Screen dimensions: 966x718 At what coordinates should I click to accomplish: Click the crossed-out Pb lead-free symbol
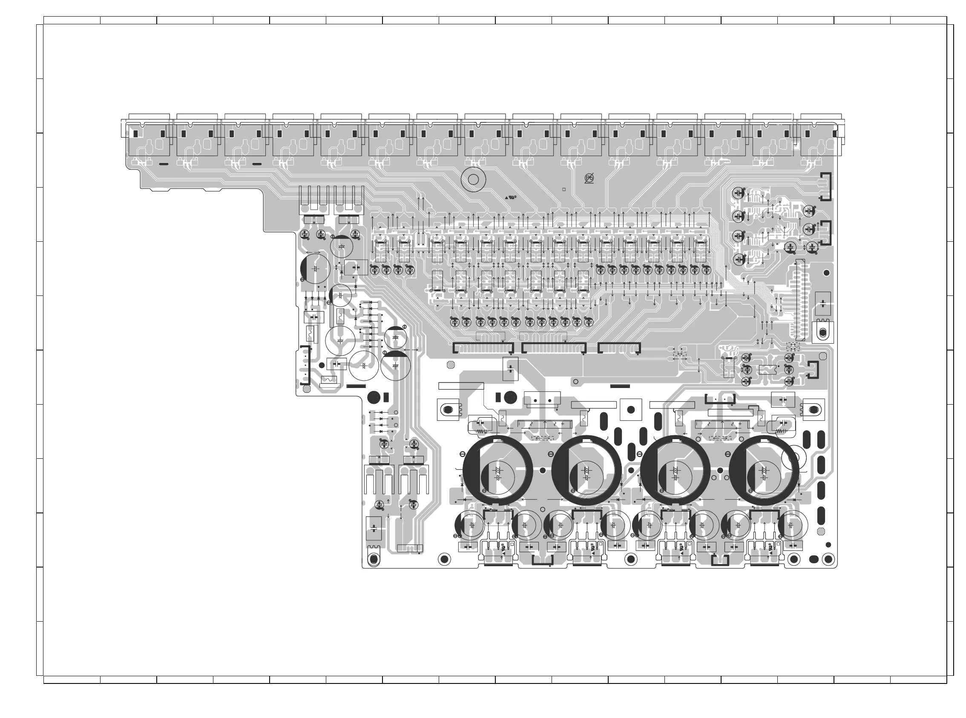pyautogui.click(x=589, y=178)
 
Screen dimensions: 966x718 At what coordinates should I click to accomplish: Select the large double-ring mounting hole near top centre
pyautogui.click(x=473, y=179)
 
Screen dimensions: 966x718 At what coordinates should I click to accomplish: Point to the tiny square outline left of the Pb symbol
pyautogui.click(x=563, y=189)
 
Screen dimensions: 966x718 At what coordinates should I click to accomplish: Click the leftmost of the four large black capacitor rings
pyautogui.click(x=497, y=470)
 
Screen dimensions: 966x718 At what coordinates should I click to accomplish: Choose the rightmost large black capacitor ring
pyautogui.click(x=764, y=470)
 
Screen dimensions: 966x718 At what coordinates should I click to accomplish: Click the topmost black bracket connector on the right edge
pyautogui.click(x=825, y=186)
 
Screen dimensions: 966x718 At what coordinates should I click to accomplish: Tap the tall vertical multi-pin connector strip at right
pyautogui.click(x=800, y=300)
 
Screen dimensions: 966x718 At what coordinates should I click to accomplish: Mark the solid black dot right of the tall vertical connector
pyautogui.click(x=826, y=273)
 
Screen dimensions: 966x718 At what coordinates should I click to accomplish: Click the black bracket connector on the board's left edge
pyautogui.click(x=305, y=365)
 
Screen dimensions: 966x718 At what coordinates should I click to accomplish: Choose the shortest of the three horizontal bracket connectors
pyautogui.click(x=619, y=347)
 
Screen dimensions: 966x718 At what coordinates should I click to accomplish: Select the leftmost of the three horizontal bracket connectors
pyautogui.click(x=483, y=347)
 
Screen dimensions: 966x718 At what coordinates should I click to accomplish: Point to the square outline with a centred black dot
pyautogui.click(x=631, y=409)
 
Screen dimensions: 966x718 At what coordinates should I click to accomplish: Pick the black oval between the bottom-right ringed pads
pyautogui.click(x=814, y=559)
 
